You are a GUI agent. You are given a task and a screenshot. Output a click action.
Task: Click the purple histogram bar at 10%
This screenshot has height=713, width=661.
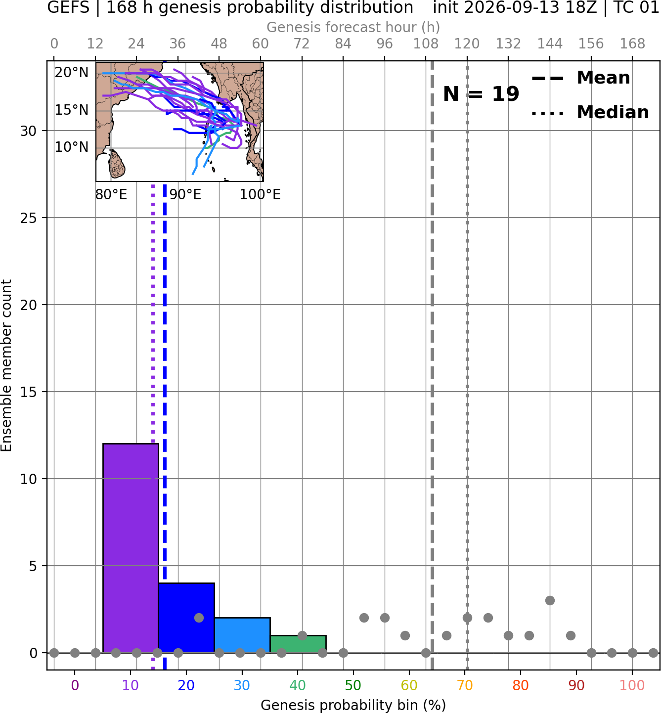click(131, 548)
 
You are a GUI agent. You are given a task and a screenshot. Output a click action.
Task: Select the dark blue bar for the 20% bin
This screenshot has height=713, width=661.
click(186, 618)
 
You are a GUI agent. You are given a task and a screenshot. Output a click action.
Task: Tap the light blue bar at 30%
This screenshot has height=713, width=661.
click(242, 635)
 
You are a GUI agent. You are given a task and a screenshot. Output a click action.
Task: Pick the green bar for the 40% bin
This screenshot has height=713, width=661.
click(298, 644)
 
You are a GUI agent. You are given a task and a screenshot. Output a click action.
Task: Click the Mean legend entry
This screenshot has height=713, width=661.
click(580, 78)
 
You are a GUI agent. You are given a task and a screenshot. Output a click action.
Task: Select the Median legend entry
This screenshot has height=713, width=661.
click(590, 112)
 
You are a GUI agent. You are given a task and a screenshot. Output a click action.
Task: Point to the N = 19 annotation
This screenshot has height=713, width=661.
click(481, 94)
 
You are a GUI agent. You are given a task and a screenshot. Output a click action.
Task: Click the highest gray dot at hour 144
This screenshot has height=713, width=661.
click(550, 600)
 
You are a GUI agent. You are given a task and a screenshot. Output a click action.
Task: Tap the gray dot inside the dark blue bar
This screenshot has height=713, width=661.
click(199, 618)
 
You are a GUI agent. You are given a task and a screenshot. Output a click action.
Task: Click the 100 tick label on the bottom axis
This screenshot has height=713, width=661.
click(632, 686)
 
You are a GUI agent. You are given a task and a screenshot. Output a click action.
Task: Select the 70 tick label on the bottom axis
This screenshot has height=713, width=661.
click(465, 686)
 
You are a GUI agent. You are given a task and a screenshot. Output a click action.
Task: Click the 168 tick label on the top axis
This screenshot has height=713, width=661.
click(632, 44)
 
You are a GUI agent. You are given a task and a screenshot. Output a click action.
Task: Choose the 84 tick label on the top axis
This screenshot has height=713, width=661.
click(343, 44)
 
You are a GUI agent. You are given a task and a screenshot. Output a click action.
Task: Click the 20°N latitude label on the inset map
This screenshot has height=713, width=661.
click(72, 73)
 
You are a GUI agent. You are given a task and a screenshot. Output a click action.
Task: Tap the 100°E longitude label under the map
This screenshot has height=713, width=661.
click(260, 195)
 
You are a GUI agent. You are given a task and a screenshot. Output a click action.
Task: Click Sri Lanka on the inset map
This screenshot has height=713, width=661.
click(117, 164)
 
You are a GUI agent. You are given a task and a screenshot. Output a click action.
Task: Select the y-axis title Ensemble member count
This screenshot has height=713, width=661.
click(6, 365)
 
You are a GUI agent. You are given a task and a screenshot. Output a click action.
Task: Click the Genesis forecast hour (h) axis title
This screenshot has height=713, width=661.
click(353, 27)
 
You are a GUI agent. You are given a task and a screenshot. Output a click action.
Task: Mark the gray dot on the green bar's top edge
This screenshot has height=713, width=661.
click(302, 635)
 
